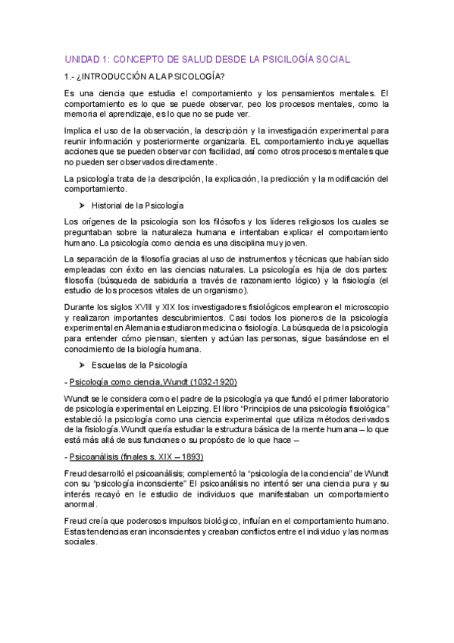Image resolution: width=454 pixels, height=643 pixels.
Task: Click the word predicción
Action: click(x=285, y=179)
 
